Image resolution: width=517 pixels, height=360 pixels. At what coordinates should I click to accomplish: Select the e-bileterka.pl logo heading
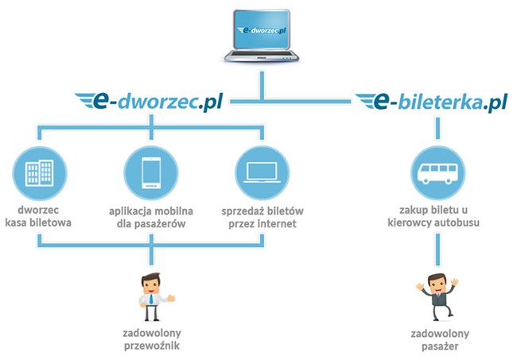431,102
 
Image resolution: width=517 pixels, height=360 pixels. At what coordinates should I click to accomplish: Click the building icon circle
38,172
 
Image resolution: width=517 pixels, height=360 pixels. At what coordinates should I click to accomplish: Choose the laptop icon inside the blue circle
260,172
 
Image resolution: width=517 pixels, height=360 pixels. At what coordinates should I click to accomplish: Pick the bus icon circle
436,172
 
